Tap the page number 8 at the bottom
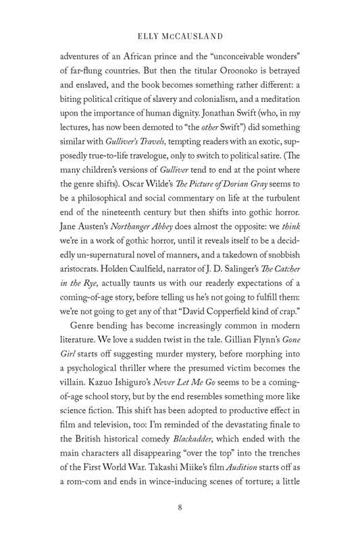tap(180, 508)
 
